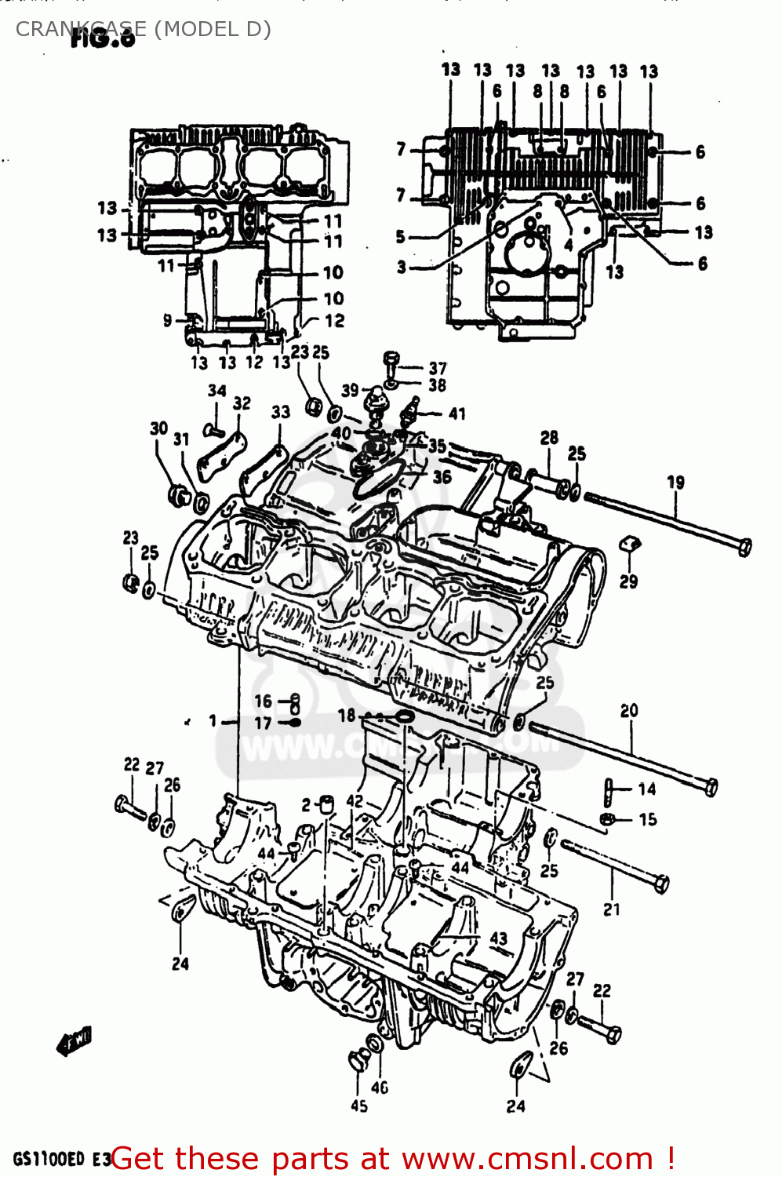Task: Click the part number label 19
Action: [x=675, y=483]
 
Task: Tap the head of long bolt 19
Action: [x=744, y=546]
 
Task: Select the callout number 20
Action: [x=629, y=711]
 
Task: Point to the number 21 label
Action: [x=612, y=909]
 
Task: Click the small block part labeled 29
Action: [x=630, y=545]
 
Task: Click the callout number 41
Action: [x=456, y=414]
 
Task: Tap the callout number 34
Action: [x=217, y=390]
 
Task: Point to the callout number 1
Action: [x=213, y=720]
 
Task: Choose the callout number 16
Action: [x=263, y=701]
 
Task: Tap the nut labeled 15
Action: [x=607, y=820]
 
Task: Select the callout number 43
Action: [x=499, y=938]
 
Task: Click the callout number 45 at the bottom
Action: [x=359, y=1106]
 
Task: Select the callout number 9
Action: [x=167, y=320]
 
